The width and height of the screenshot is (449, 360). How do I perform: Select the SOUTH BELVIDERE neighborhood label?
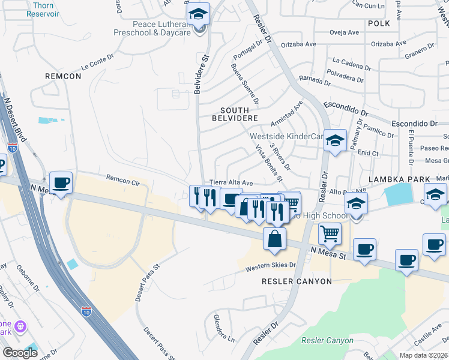pos(239,115)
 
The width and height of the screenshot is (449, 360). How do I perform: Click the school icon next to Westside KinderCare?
pos(336,140)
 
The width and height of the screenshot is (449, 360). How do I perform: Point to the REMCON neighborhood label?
pos(62,76)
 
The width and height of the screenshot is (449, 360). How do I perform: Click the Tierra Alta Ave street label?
pos(231,182)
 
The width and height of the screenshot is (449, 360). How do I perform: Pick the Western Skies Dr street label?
pos(271,265)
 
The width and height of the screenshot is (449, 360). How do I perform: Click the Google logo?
pos(20,352)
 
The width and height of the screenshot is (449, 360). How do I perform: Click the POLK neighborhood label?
pos(379,23)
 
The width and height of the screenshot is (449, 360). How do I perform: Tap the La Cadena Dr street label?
pos(349,61)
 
